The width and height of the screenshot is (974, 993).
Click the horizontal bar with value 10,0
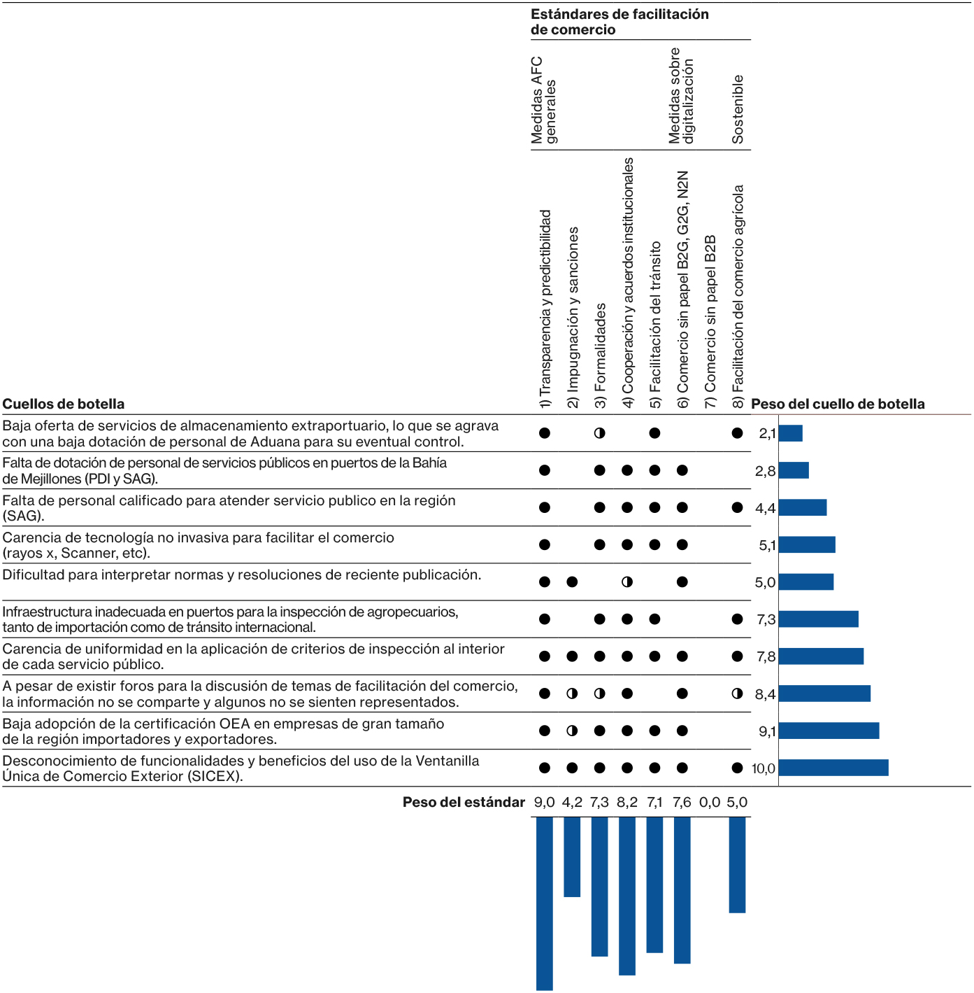pos(833,768)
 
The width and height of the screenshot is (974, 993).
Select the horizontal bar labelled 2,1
pos(790,433)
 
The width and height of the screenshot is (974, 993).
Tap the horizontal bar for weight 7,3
pos(818,619)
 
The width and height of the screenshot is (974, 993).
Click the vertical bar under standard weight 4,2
pos(572,857)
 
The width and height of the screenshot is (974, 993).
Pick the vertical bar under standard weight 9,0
pos(545,903)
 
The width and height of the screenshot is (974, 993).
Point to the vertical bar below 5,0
pos(737,864)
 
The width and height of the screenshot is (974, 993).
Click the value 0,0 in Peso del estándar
pos(710,802)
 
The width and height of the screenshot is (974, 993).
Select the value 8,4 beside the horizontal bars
pos(765,694)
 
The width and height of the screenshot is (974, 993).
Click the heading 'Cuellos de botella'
pos(64,404)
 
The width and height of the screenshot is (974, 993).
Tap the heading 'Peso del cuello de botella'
pos(838,404)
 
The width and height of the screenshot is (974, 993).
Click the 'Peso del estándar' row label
pos(464,802)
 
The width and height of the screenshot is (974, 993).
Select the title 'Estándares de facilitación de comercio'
pos(619,22)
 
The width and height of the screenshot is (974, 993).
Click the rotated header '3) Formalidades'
pos(600,347)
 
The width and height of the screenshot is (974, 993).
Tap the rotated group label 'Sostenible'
pos(738,110)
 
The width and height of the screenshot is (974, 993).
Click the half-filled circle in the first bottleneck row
pos(599,433)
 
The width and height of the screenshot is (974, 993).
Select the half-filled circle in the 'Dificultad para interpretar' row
pos(627,582)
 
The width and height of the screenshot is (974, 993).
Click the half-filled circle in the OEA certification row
pos(572,731)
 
